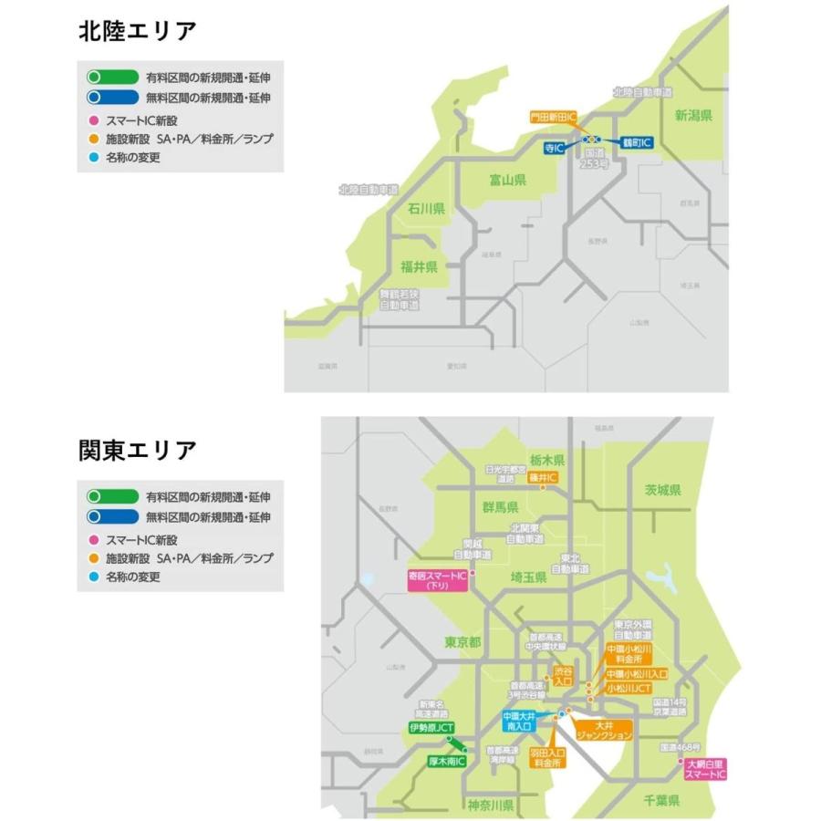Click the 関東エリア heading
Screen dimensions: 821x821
tap(137, 451)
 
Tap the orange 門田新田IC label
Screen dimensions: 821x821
tap(554, 118)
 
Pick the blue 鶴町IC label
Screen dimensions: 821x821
tap(637, 143)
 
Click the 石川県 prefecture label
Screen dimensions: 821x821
tap(425, 210)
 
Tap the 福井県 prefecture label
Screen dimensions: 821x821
tap(420, 267)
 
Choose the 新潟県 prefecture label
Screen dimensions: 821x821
tap(692, 116)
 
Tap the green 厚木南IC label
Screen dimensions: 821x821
tap(447, 760)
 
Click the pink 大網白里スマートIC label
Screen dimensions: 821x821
tap(707, 769)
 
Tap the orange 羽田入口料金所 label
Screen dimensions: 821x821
tap(547, 758)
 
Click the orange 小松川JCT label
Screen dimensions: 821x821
tap(629, 689)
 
